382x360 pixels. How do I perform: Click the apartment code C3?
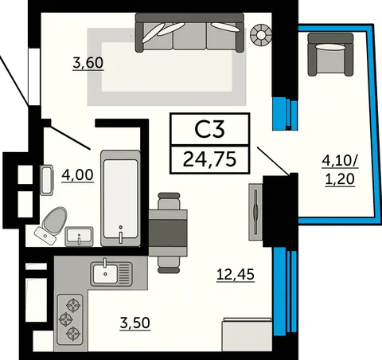click(209, 130)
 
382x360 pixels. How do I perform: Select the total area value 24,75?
click(209, 159)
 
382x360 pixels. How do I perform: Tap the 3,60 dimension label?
click(88, 63)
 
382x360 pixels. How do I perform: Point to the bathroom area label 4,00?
click(77, 175)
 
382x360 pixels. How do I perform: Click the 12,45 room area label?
click(236, 274)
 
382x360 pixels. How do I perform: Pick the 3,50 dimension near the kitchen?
click(135, 323)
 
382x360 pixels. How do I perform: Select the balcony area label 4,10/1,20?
click(340, 170)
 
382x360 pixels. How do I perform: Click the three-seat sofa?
click(189, 33)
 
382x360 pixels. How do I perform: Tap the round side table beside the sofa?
click(261, 35)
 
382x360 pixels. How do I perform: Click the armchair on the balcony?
click(330, 54)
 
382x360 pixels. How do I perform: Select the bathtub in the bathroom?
click(120, 198)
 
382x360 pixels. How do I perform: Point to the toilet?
click(52, 225)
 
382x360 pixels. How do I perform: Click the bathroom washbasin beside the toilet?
click(79, 236)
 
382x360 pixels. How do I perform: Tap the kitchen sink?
click(111, 274)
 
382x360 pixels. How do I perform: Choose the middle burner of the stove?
click(66, 319)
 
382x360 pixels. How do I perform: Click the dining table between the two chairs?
click(168, 233)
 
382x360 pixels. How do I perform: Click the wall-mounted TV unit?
click(255, 212)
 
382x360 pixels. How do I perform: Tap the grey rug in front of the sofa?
click(167, 67)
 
